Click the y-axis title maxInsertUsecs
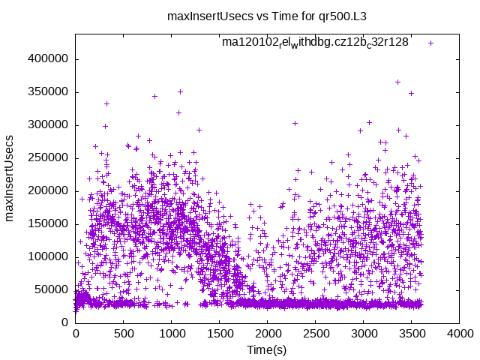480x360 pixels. [x=10, y=178]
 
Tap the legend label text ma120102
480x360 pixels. [x=315, y=43]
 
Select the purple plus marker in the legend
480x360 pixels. [x=430, y=43]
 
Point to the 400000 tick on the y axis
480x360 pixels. [x=48, y=58]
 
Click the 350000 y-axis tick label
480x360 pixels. [x=48, y=91]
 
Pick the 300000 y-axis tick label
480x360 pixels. [x=48, y=124]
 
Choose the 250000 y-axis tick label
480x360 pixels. [x=48, y=157]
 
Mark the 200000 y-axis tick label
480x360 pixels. [x=48, y=190]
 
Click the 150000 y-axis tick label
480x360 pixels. [x=48, y=223]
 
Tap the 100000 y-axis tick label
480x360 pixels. [x=48, y=256]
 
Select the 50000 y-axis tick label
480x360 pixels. [x=51, y=289]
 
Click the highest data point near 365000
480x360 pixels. [x=397, y=82]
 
